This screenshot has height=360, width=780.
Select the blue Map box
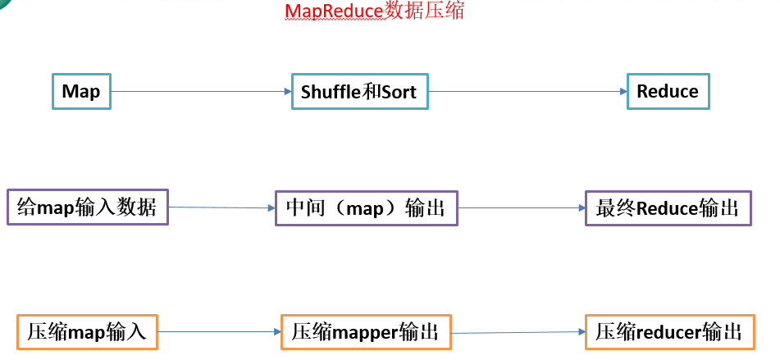[x=81, y=91]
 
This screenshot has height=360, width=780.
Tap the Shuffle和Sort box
[x=359, y=92]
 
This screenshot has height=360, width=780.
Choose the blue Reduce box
[x=667, y=91]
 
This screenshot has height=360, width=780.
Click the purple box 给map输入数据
[x=87, y=208]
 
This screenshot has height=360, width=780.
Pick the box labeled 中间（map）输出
[x=365, y=208]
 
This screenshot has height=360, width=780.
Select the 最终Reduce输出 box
[x=667, y=208]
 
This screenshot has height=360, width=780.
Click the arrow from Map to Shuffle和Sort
[x=201, y=91]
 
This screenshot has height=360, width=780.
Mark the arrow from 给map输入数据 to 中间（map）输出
[x=221, y=208]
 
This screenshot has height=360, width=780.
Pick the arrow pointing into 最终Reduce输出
[x=521, y=208]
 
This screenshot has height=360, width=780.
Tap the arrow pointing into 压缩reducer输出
[x=518, y=332]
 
